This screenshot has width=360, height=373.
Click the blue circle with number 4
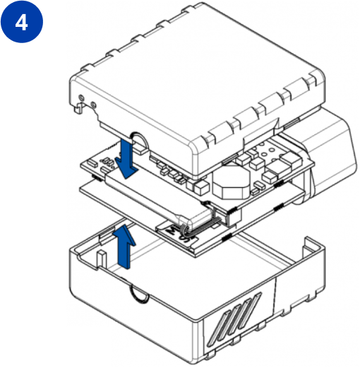click(x=22, y=22)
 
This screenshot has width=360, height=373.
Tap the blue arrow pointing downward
click(x=126, y=159)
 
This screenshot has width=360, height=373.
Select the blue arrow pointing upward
click(x=124, y=247)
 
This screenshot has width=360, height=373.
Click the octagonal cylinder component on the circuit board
click(x=231, y=184)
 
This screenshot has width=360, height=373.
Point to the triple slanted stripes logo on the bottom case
click(x=235, y=319)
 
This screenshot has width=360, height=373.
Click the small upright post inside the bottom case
click(x=101, y=259)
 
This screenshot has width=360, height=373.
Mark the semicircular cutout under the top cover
click(x=140, y=141)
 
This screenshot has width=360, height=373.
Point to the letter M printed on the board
click(x=172, y=230)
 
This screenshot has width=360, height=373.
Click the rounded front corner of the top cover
click(x=198, y=153)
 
